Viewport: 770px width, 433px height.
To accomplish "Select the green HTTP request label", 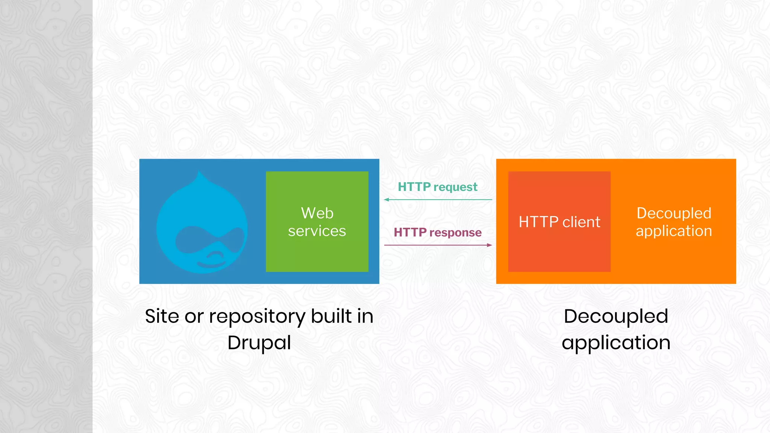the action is coord(438,187).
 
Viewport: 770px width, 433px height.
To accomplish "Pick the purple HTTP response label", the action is coord(438,232).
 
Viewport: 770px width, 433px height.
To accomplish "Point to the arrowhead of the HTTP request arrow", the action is coord(387,200).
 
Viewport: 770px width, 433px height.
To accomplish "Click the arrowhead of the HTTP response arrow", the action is coord(490,245).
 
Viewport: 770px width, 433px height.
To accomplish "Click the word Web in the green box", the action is coord(317,213).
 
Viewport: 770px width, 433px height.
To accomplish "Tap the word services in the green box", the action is coord(317,231).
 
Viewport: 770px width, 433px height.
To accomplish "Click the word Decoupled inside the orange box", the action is coord(674,213).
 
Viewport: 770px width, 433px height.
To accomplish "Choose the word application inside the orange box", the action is coord(674,231).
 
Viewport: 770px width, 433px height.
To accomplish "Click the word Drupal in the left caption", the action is coord(259,342).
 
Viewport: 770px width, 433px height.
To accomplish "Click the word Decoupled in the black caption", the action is coord(616,316).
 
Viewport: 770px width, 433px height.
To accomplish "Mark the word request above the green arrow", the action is coord(455,187).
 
